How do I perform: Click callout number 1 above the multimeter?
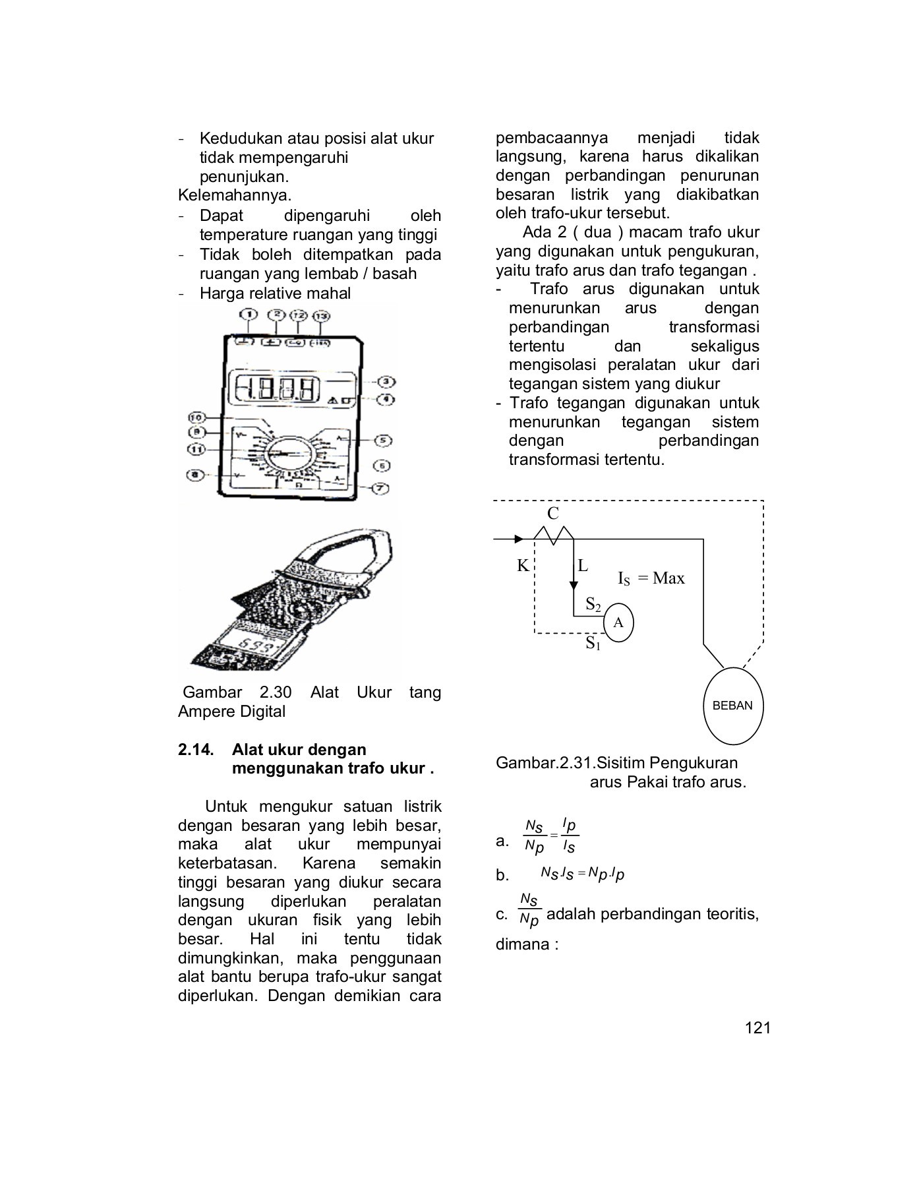click(249, 315)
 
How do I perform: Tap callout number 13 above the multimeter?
click(321, 317)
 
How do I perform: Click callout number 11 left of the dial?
click(196, 449)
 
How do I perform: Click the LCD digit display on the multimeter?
click(277, 390)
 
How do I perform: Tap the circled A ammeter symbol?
click(618, 623)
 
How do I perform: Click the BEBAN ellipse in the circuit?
click(732, 706)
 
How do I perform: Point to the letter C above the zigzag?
click(553, 514)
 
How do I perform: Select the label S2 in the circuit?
click(593, 604)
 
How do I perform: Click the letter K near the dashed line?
click(522, 566)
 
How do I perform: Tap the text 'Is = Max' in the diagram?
click(651, 578)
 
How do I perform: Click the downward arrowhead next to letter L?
click(573, 584)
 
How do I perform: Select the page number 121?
click(757, 1028)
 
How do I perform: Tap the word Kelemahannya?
click(234, 196)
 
